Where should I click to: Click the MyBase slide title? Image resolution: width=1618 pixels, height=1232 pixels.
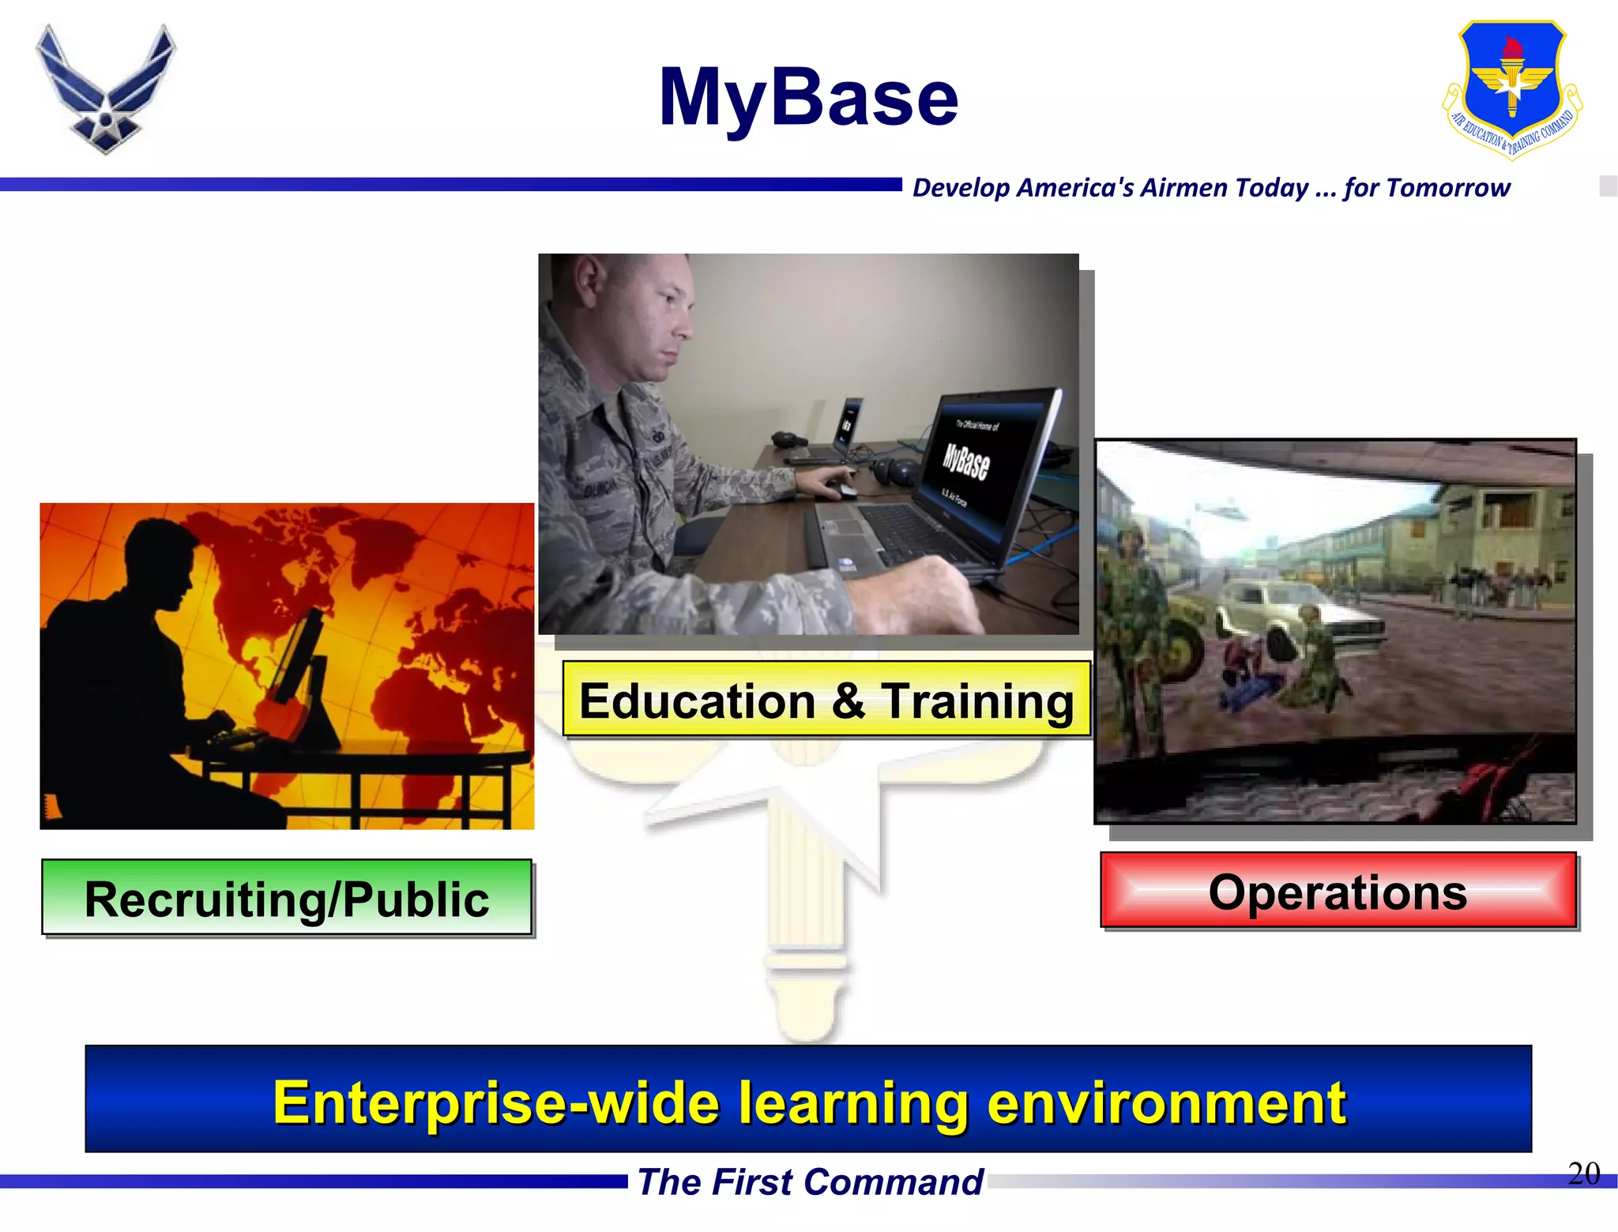tap(808, 98)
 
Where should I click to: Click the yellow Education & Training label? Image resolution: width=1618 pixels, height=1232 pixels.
tap(826, 701)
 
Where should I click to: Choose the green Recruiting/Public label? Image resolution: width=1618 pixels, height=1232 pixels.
tap(287, 899)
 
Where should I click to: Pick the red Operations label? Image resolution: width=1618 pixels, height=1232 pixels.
tap(1338, 892)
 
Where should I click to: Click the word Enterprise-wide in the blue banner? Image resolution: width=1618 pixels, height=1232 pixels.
tap(495, 1102)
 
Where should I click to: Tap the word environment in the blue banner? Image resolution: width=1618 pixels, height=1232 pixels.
tap(1166, 1102)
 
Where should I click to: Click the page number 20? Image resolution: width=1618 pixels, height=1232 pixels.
tap(1582, 1174)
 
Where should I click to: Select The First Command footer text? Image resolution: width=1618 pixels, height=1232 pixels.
tap(809, 1182)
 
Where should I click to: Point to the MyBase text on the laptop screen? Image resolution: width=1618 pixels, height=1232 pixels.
tap(965, 460)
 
